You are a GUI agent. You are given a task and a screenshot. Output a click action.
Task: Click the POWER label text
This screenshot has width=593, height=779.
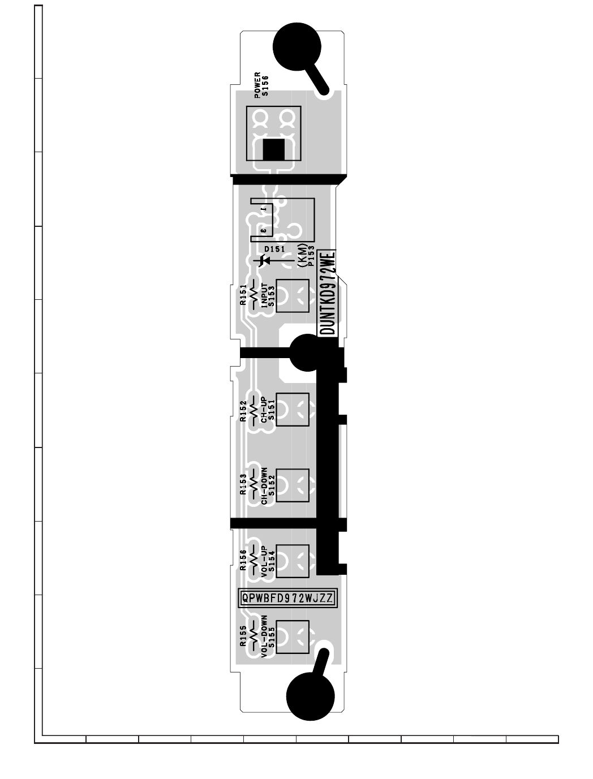[x=257, y=85]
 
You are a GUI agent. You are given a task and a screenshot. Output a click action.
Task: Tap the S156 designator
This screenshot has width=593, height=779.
[x=265, y=86]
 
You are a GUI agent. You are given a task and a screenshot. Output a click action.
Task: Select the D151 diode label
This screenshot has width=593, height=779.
[x=274, y=249]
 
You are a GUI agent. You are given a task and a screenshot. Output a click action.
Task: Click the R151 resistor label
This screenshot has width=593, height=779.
[x=243, y=295]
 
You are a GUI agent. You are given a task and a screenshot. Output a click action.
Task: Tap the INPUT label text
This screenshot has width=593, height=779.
[x=264, y=295]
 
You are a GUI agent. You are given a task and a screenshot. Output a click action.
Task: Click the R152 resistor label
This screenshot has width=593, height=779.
[x=243, y=411]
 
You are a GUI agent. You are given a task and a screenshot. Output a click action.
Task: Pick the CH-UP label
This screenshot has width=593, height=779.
[x=264, y=410]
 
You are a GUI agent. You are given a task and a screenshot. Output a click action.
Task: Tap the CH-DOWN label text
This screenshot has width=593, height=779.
[x=264, y=486]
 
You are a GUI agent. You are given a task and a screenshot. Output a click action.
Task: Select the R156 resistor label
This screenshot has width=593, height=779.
[x=243, y=560]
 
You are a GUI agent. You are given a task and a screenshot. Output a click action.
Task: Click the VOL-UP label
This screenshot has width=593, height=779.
[x=264, y=561]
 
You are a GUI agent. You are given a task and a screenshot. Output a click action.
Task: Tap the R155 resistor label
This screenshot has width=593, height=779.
[x=243, y=636]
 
